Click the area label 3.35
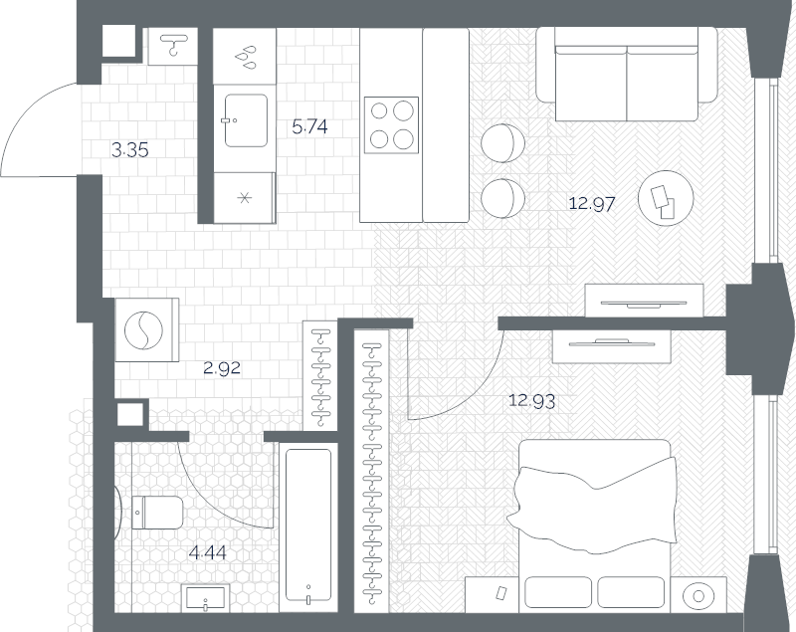(130, 150)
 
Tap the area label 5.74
(309, 126)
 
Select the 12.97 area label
(592, 204)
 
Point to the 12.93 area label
(532, 401)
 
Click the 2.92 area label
(222, 368)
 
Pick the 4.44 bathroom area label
(207, 552)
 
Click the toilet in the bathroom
(157, 513)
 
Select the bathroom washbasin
(206, 597)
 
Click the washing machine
(146, 329)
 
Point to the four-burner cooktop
(391, 124)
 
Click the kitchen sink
(246, 120)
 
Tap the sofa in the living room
(627, 74)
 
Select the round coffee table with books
(666, 198)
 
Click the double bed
(595, 524)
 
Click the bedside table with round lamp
(698, 595)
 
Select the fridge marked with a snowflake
(244, 197)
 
